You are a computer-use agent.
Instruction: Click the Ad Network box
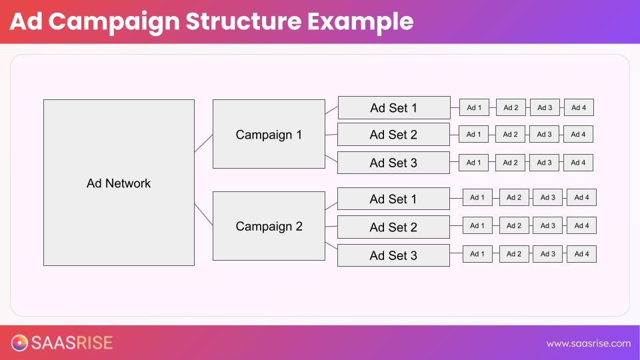[119, 183]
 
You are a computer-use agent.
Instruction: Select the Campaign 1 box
[269, 134]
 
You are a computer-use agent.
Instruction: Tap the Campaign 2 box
[269, 226]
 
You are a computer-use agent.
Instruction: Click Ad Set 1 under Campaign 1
[393, 108]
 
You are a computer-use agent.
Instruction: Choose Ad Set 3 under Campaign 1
[393, 163]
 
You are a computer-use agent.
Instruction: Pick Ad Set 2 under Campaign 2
[393, 227]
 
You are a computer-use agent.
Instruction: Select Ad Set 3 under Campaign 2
[393, 255]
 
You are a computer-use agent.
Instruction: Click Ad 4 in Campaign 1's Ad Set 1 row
[579, 107]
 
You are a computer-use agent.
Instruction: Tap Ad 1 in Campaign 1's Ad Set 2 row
[473, 134]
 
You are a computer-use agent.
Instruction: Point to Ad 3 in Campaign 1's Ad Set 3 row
[544, 163]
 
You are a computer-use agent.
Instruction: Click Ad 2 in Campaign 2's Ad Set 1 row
[513, 197]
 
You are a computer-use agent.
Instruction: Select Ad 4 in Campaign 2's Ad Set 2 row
[581, 225]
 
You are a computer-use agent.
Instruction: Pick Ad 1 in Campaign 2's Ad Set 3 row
[477, 254]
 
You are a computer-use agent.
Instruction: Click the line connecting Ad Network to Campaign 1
[203, 143]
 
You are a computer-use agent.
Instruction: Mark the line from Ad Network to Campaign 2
[203, 215]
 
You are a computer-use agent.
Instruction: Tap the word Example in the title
[360, 21]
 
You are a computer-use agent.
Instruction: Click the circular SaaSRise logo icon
[20, 343]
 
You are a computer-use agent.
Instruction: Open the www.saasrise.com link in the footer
[588, 343]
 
